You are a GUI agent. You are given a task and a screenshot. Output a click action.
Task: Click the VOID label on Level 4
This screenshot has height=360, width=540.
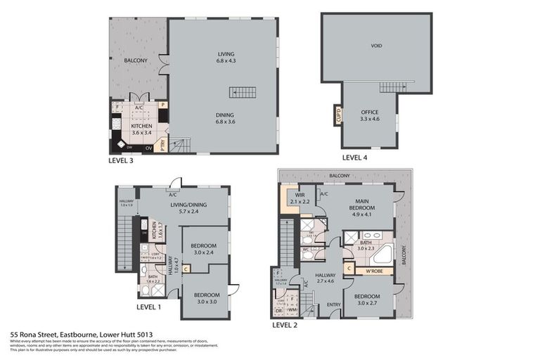pyautogui.click(x=376, y=46)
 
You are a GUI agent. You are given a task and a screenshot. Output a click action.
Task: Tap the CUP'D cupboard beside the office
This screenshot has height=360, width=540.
pyautogui.click(x=338, y=115)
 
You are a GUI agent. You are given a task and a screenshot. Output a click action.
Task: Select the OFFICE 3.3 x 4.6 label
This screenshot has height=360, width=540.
pyautogui.click(x=370, y=115)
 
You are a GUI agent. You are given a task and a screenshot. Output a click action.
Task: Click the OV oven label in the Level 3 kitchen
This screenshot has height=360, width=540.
pyautogui.click(x=148, y=148)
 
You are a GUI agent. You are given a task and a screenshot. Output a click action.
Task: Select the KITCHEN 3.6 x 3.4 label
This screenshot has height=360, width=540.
pyautogui.click(x=141, y=129)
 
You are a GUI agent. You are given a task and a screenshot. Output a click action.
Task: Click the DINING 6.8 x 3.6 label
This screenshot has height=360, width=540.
pyautogui.click(x=225, y=118)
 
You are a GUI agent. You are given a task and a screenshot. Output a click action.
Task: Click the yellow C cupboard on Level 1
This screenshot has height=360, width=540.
pyautogui.click(x=186, y=268)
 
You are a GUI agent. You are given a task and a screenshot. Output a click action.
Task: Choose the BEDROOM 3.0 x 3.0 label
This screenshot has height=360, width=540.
pyautogui.click(x=206, y=297)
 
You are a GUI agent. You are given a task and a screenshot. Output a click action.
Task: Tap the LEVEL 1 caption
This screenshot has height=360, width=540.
pyautogui.click(x=148, y=307)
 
